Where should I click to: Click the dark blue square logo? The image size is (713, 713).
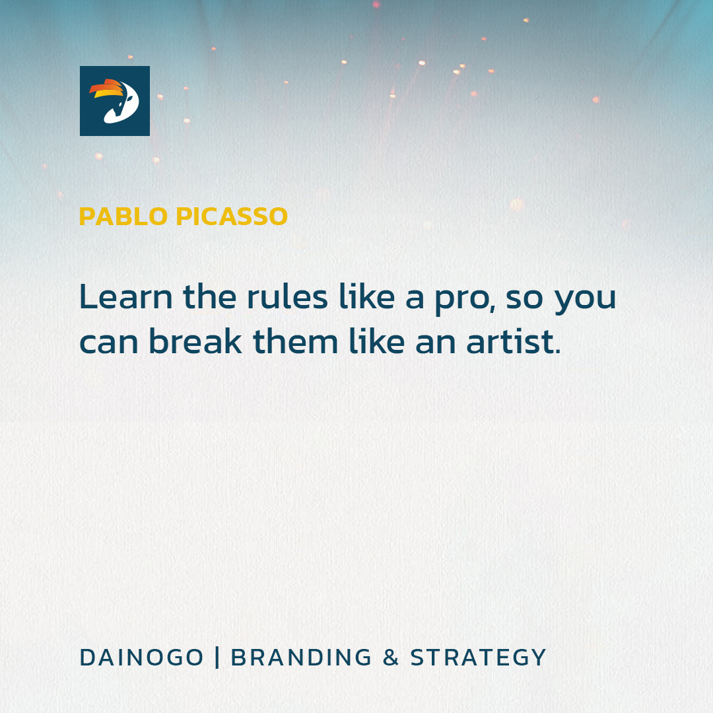[114, 101]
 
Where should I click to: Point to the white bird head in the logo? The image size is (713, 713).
[122, 106]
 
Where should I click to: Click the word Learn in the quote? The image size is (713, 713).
[125, 297]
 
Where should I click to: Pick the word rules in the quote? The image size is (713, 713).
[287, 297]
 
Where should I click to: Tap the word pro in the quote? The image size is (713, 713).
[462, 298]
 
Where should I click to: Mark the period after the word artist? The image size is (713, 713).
[558, 352]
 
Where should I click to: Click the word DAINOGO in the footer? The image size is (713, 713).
[141, 658]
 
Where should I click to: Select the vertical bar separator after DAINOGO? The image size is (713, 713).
[217, 658]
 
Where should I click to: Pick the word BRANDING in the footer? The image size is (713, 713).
[302, 658]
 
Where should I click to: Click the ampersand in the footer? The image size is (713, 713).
[391, 658]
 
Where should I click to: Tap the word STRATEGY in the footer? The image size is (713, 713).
[479, 658]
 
